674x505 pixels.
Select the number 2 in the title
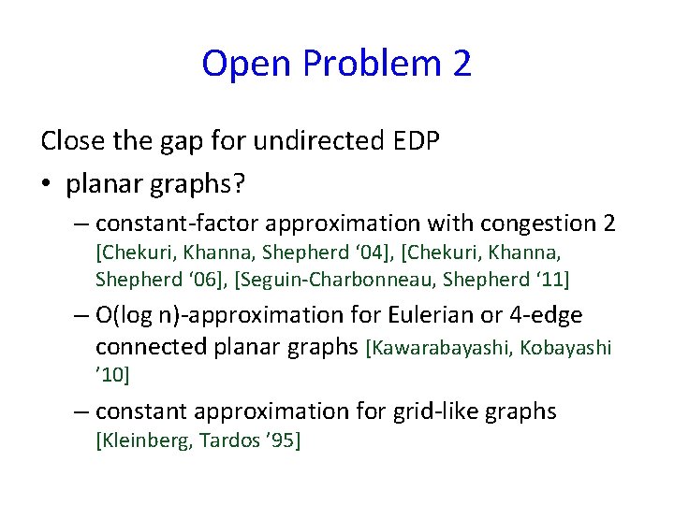point(462,64)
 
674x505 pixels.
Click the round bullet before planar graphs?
point(47,185)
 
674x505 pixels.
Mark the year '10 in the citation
point(111,375)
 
